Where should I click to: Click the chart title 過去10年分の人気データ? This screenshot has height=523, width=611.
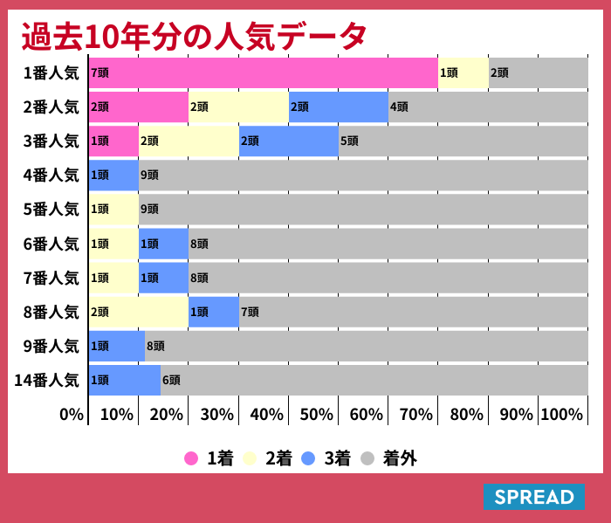pos(194,36)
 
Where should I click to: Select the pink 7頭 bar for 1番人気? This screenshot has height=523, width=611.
pos(263,72)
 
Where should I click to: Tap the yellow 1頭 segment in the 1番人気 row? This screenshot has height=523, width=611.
pos(463,72)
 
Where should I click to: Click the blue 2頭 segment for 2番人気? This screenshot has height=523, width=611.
pos(338,107)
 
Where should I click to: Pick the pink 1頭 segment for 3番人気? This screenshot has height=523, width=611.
pos(113,141)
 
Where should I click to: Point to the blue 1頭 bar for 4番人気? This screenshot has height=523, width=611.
pos(113,175)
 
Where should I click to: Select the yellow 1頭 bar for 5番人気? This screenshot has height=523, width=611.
pos(113,210)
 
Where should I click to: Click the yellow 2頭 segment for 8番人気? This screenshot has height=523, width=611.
pos(138,312)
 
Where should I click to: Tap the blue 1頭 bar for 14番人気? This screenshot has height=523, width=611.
pos(124,380)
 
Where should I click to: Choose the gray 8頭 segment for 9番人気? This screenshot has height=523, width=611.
pos(366,346)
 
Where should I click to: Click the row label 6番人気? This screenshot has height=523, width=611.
pos(51,244)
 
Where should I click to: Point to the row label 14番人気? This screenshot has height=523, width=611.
pos(47,380)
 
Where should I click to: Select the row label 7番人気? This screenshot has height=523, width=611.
pos(51,278)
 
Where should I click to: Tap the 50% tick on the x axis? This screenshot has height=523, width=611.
pos(317,414)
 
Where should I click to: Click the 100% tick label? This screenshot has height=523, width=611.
pos(562,414)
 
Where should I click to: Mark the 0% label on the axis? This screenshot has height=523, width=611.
pos(72,414)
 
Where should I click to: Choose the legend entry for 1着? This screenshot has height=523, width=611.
pos(209,458)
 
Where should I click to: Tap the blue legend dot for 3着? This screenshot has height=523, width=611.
pos(307,458)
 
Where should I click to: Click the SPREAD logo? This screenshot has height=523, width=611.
pos(533,497)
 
